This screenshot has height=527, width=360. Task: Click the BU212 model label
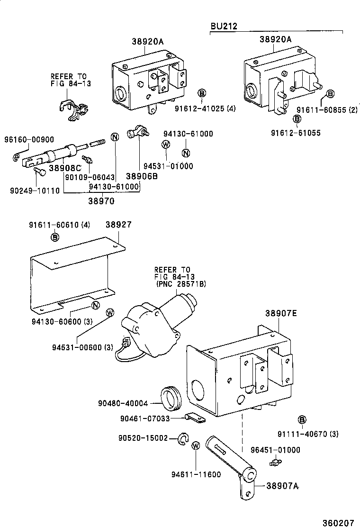tap(224, 26)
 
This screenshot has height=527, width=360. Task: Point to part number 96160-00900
tap(29, 139)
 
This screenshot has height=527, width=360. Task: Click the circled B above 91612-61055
tap(297, 118)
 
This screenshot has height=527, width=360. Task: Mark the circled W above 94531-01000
tap(166, 145)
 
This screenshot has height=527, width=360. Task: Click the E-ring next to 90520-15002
tap(182, 439)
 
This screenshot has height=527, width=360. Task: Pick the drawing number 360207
tap(338, 522)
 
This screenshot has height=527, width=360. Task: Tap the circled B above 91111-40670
tap(302, 419)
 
